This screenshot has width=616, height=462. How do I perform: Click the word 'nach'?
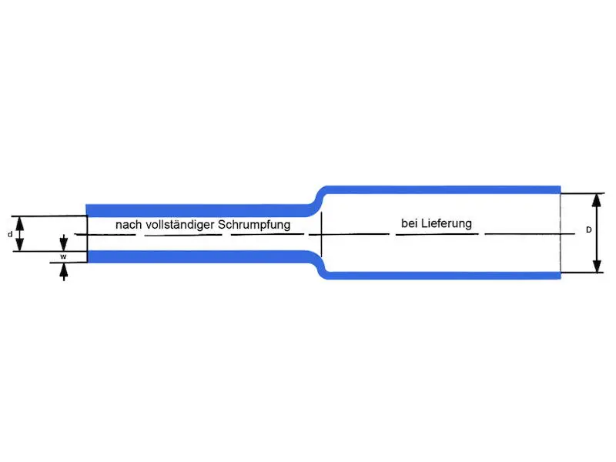129,225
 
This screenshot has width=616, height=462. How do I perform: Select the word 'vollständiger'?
180,225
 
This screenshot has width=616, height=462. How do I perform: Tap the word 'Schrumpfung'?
254,225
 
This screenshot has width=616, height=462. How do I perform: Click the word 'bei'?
409,223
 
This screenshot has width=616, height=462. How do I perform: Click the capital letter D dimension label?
588,229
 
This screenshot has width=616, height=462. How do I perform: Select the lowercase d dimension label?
10,235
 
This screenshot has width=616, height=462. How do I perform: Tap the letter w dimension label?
63,256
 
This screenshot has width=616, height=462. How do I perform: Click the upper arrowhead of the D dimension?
597,200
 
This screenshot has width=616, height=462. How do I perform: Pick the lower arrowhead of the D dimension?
598,266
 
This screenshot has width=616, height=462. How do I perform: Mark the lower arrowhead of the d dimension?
20,245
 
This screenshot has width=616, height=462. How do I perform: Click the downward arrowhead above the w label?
63,243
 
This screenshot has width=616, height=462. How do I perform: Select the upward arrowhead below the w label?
63,270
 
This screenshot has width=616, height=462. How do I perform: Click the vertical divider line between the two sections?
321,234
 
